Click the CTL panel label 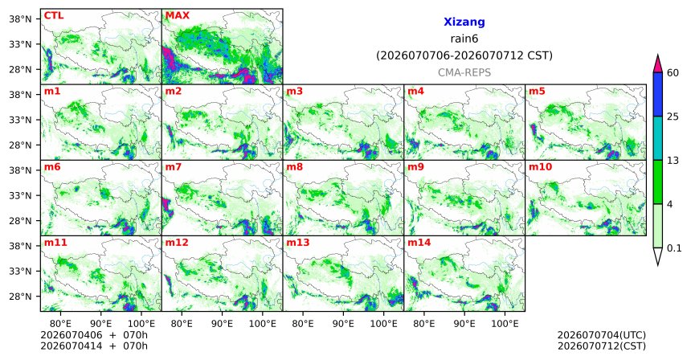[54, 16]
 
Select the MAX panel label [177, 16]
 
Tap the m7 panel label [173, 167]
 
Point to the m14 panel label [419, 243]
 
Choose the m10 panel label [540, 167]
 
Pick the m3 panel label [294, 92]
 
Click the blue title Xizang [464, 22]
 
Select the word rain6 [464, 39]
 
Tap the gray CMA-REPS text [464, 72]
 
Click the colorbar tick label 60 [673, 73]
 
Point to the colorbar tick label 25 [673, 117]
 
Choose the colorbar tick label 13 [673, 161]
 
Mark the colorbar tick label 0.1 [674, 248]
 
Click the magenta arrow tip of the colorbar [657, 55]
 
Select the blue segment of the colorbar [657, 94]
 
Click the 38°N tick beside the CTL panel [21, 19]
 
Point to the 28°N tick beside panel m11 [21, 296]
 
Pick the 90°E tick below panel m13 [343, 324]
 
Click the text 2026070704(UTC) [602, 336]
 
